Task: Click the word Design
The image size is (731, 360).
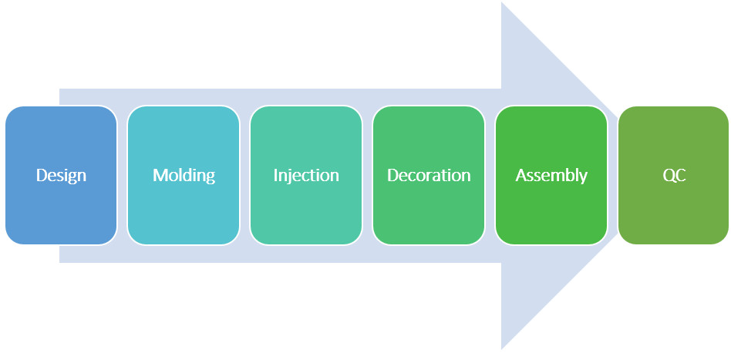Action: coord(61,176)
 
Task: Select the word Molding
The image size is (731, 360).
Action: coord(184,175)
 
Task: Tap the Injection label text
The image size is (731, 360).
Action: coord(306,176)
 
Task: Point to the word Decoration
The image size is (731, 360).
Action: coord(429,175)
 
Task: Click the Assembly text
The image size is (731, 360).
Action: coord(551,176)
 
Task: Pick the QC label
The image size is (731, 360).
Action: coord(674,176)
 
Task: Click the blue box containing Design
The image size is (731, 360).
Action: coord(61,175)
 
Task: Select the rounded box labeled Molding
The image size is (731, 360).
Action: coord(184,175)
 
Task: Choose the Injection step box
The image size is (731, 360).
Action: coord(306,175)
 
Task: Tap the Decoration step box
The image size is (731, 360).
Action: coord(429,175)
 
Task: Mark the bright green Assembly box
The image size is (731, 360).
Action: coord(551,175)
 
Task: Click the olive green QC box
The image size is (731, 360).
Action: coord(674,175)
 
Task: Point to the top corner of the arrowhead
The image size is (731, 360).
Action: coord(502,2)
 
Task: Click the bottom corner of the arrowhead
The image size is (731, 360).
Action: coord(502,348)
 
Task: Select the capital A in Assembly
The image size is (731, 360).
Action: coord(520,175)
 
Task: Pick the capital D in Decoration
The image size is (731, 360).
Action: coord(393,175)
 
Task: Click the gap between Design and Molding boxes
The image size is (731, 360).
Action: coord(122,175)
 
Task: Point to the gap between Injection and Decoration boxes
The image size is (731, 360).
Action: coord(367,175)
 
